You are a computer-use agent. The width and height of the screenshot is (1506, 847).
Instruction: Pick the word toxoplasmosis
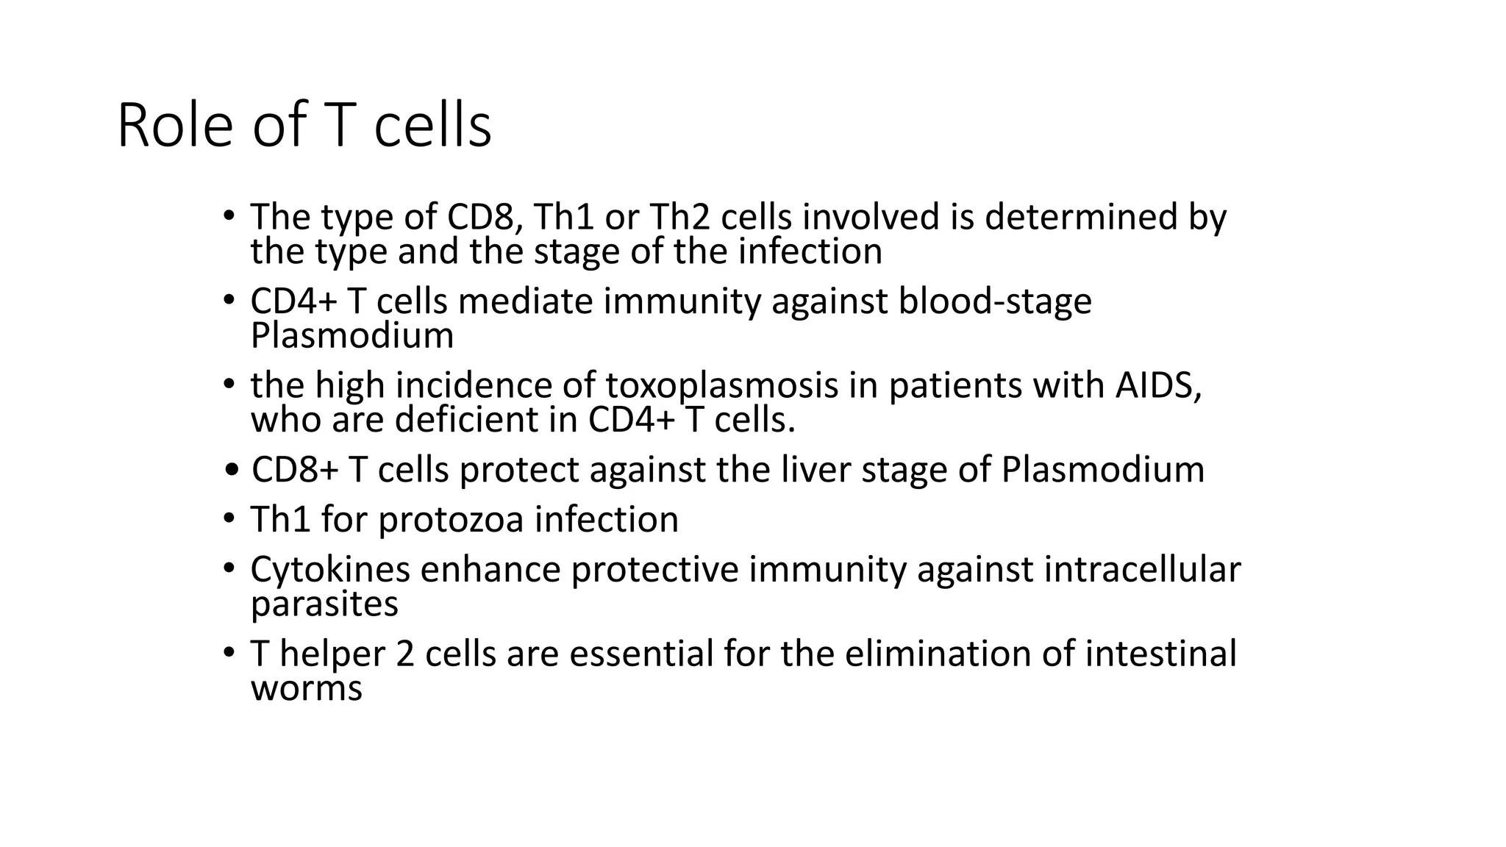[x=722, y=385]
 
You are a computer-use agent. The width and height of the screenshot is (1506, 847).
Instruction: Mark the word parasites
[x=324, y=604]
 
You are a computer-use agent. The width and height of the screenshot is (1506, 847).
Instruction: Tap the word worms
[x=307, y=689]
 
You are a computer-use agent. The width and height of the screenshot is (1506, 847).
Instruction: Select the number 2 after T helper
[x=405, y=654]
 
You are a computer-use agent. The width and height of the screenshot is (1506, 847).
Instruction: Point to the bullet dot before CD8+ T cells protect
[x=232, y=471]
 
